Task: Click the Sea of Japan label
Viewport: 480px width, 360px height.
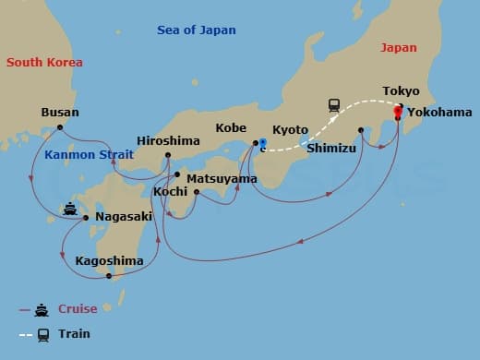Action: click(x=196, y=30)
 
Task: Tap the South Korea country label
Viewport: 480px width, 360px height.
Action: click(x=44, y=63)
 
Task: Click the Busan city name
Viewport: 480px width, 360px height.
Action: click(x=60, y=113)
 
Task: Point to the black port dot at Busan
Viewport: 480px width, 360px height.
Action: click(x=60, y=127)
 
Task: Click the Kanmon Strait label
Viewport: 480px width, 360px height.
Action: click(x=88, y=154)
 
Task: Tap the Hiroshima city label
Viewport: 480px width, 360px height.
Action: click(x=167, y=141)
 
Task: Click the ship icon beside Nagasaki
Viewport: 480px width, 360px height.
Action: click(x=70, y=209)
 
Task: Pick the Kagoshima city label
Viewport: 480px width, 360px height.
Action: click(x=109, y=261)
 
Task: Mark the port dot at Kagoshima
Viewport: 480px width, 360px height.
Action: click(x=109, y=275)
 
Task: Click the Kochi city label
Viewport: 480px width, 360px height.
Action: click(x=171, y=191)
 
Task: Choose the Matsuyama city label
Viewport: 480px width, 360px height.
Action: click(x=222, y=177)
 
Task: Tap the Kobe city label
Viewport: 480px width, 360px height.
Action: click(x=231, y=128)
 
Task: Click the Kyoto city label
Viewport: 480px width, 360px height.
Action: click(x=290, y=131)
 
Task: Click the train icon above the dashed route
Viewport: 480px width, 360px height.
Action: click(x=335, y=105)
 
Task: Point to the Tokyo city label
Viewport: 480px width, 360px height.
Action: click(x=401, y=91)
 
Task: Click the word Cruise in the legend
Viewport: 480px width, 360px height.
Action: click(x=78, y=309)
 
